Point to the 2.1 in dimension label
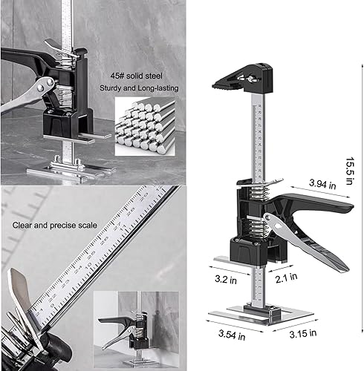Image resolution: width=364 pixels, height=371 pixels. coord(284,281)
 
